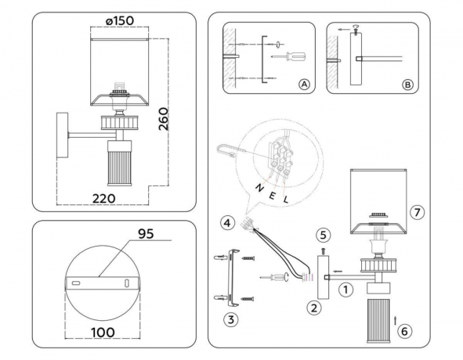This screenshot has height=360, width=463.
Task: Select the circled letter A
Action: (x=304, y=85)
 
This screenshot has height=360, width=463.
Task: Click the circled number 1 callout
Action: (x=343, y=289)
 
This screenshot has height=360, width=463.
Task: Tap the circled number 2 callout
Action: (x=314, y=307)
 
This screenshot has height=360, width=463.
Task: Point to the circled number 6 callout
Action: (x=404, y=331)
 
